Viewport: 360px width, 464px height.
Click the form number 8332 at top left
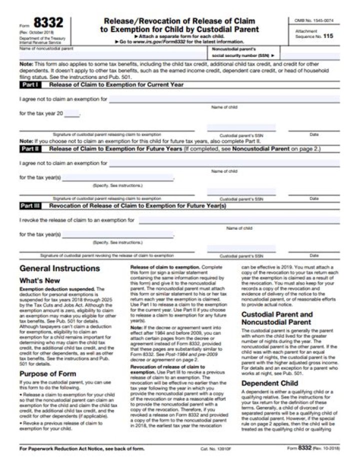[x=48, y=24]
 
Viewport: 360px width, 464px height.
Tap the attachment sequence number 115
[x=327, y=36]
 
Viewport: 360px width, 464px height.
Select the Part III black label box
[x=33, y=206]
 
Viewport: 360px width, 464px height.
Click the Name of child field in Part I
[x=224, y=100]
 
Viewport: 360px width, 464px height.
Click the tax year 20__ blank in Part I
[x=71, y=114]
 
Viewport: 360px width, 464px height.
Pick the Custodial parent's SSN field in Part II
[x=241, y=192]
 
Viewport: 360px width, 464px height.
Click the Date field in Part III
[x=313, y=249]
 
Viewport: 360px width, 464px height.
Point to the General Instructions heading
[x=59, y=268]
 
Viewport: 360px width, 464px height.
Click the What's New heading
[x=39, y=281]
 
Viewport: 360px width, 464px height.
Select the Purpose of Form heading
[x=47, y=373]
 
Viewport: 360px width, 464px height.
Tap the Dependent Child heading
[x=270, y=383]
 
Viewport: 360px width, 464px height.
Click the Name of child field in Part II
[x=224, y=164]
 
